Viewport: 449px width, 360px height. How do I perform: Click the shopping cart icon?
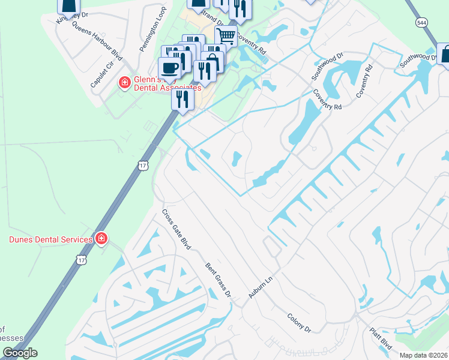coord(226,37)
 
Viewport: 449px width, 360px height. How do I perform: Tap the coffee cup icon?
coord(169,68)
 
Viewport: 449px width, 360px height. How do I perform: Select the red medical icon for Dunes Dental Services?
coord(101,239)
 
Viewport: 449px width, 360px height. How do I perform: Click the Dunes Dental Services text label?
coord(50,239)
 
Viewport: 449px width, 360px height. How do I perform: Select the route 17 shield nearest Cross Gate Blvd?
coord(142,165)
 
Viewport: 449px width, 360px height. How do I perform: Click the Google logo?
coord(20,353)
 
